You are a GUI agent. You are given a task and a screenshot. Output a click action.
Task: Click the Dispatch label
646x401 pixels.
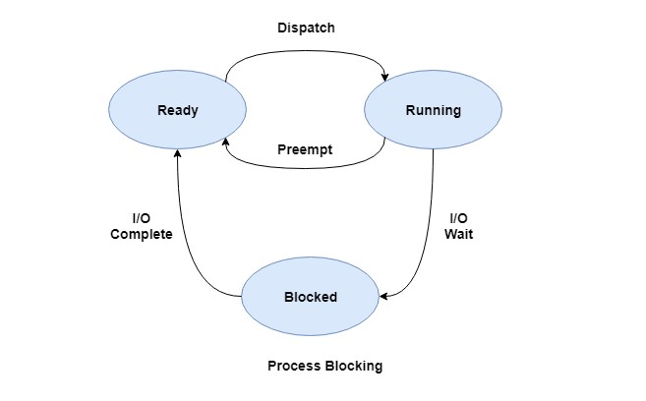pos(306,28)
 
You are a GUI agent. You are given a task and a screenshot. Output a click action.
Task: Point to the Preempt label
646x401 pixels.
pos(305,150)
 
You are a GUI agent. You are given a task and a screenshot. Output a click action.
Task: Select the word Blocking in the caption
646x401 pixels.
pos(354,366)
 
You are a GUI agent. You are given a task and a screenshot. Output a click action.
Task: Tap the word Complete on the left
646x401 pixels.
pos(142,234)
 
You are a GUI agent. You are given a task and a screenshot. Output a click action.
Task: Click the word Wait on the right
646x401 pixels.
pos(458,234)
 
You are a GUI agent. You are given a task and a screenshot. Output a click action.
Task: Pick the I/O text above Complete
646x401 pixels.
pos(142,218)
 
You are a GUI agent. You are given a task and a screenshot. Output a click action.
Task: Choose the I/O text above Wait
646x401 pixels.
pos(458,218)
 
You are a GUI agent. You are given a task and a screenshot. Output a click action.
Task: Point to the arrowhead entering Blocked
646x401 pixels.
pos(383,295)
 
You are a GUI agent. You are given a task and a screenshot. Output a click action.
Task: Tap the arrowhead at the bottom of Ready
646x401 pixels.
pos(177,150)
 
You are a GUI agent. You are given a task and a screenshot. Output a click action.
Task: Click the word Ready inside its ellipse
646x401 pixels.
pos(177,110)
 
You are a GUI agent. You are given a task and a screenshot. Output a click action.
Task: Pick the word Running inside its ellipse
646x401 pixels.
pos(433,110)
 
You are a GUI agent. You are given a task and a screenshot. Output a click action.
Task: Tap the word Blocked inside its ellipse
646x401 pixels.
pos(310,297)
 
